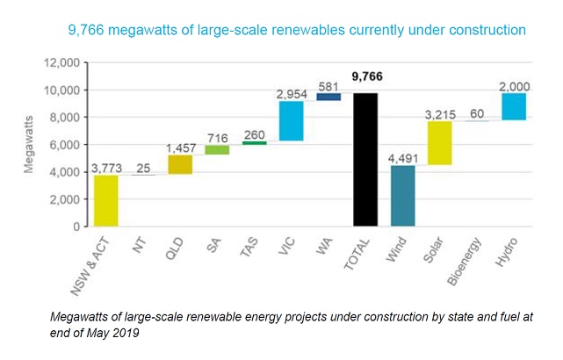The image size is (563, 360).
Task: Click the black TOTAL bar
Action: [365, 159]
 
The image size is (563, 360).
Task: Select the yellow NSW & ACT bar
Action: [105, 200]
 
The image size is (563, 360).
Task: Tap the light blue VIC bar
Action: [292, 121]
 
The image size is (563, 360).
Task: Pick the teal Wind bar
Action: [402, 195]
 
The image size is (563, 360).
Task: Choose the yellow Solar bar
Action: [439, 142]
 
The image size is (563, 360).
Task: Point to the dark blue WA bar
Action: [328, 97]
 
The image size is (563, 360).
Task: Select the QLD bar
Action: [180, 164]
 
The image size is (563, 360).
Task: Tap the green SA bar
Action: [217, 149]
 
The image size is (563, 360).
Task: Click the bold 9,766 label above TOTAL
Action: [366, 76]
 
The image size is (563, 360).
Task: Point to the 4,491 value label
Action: [403, 158]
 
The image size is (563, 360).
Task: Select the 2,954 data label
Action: [292, 93]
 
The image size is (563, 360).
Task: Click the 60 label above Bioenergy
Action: [477, 114]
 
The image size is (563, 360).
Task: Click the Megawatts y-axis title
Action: [30, 145]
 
